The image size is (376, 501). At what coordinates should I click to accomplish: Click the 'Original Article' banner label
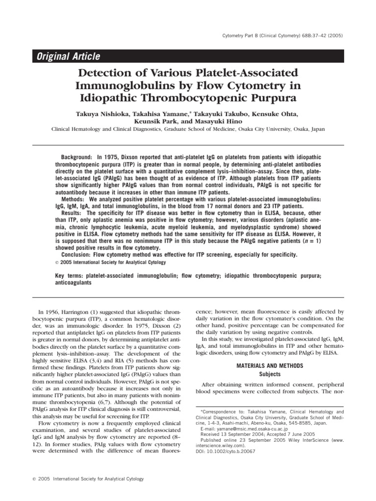point(69,57)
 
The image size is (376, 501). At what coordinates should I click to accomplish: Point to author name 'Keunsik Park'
point(154,121)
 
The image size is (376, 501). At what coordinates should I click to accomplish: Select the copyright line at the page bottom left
point(84,479)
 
